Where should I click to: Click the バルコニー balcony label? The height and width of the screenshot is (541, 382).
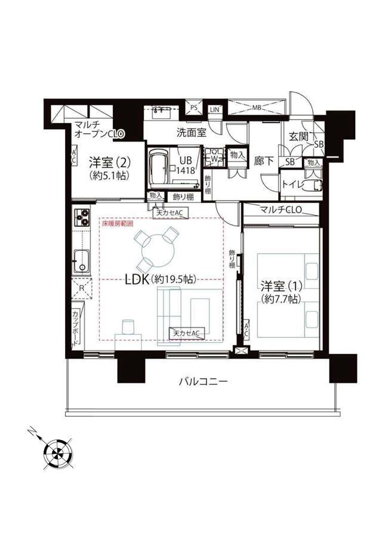[202, 382]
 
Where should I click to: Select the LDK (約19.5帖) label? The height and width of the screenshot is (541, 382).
[159, 279]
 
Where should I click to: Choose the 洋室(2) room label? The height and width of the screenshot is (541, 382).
[108, 167]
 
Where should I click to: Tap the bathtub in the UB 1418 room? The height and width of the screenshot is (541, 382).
[158, 167]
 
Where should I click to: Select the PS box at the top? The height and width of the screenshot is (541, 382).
[194, 108]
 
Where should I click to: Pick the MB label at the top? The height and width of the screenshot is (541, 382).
[256, 108]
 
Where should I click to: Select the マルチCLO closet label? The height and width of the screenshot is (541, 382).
[281, 210]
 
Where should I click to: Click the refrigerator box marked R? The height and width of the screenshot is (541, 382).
[82, 290]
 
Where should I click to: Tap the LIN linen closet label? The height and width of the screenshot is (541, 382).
[215, 109]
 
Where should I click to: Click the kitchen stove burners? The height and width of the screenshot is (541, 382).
[81, 216]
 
